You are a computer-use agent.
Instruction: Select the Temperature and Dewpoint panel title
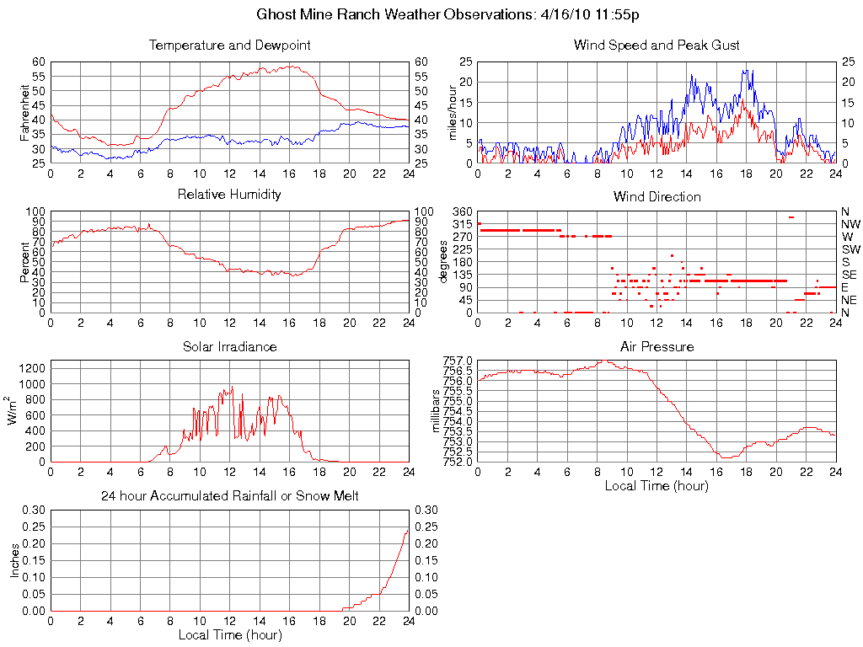229,45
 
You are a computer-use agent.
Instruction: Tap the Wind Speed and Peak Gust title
657,45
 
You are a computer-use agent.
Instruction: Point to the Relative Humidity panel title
229,195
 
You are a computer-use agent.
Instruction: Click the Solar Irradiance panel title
229,346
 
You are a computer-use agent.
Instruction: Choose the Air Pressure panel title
657,346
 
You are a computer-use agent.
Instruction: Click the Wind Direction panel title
657,196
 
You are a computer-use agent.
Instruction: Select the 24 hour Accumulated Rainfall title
229,496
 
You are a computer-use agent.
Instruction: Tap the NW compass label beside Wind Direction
850,224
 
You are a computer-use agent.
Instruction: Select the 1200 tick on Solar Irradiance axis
33,367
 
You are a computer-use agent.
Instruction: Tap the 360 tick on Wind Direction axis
461,211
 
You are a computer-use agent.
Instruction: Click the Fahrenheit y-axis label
24,112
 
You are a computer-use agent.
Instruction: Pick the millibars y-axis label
437,411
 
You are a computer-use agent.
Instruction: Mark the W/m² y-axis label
13,411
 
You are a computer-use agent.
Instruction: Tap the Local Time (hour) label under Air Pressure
657,485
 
